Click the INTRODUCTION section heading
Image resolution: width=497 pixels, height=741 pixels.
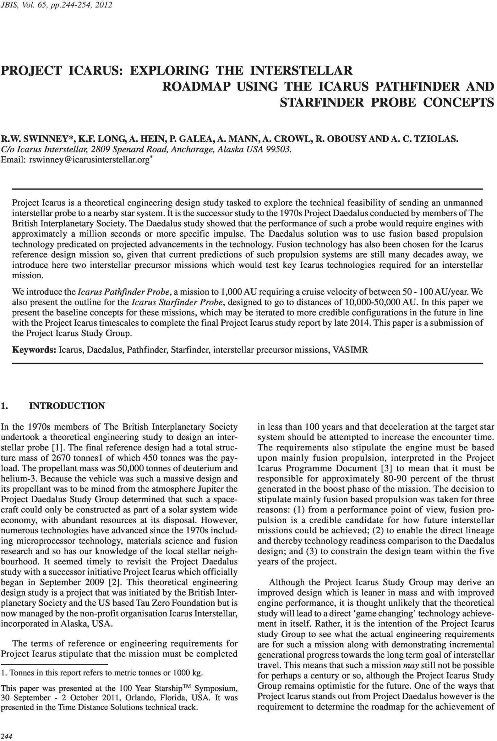[67, 406]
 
